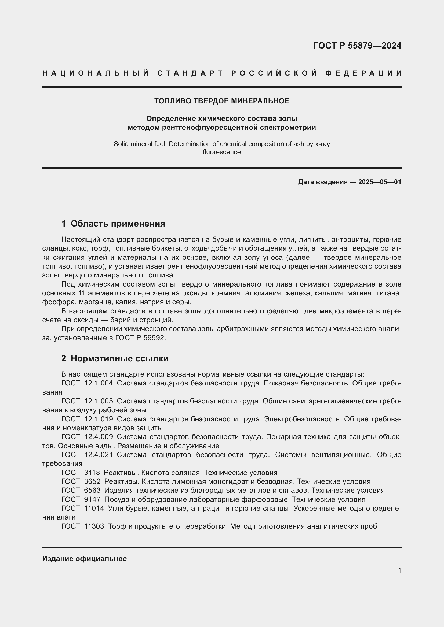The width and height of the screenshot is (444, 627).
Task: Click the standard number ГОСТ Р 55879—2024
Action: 357,46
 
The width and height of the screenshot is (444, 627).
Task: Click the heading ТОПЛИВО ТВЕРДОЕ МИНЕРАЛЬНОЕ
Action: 222,101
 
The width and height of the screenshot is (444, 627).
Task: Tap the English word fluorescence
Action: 222,152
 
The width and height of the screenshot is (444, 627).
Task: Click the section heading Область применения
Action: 118,224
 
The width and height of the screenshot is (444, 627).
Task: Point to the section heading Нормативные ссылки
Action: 119,358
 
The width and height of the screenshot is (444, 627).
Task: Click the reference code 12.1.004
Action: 99,383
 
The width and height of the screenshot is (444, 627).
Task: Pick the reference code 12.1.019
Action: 99,419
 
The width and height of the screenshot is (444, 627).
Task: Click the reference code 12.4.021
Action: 99,455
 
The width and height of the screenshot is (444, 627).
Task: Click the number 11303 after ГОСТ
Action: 94,526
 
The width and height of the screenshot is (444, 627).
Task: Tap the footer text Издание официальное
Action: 85,559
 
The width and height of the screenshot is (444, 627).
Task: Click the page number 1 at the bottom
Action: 399,570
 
